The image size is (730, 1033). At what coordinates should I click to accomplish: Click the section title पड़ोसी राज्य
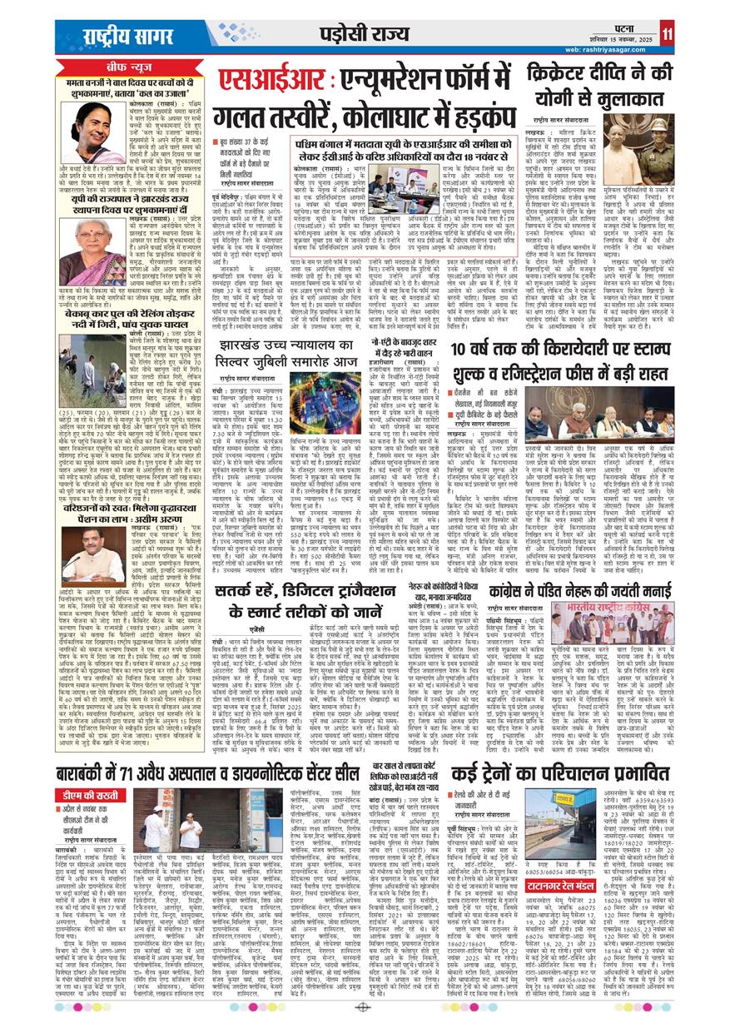coord(356,34)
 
